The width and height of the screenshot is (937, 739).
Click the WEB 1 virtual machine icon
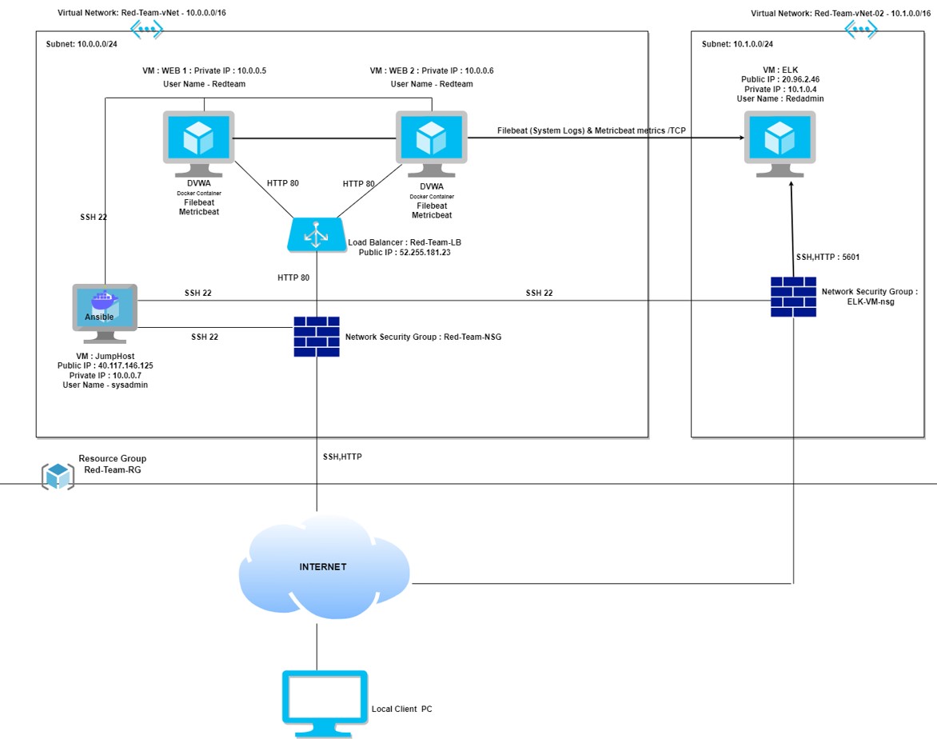tap(198, 141)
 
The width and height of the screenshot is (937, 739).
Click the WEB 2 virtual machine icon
tap(431, 141)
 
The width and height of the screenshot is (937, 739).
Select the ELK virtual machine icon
tap(780, 141)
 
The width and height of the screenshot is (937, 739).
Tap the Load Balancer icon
tap(317, 235)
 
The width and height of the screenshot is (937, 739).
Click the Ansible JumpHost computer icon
tap(105, 306)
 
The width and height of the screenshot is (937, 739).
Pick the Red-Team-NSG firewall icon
tap(317, 337)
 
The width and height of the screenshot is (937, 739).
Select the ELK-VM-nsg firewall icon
tap(793, 297)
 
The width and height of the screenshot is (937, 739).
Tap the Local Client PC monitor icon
tap(325, 702)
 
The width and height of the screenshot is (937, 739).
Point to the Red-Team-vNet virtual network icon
tap(146, 30)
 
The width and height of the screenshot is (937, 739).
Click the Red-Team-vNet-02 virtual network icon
tap(861, 30)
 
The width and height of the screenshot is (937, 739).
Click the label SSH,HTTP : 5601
tap(827, 258)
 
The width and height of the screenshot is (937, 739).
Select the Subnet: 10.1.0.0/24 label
tap(737, 45)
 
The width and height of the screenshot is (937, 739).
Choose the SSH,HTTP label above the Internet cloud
tap(342, 457)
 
